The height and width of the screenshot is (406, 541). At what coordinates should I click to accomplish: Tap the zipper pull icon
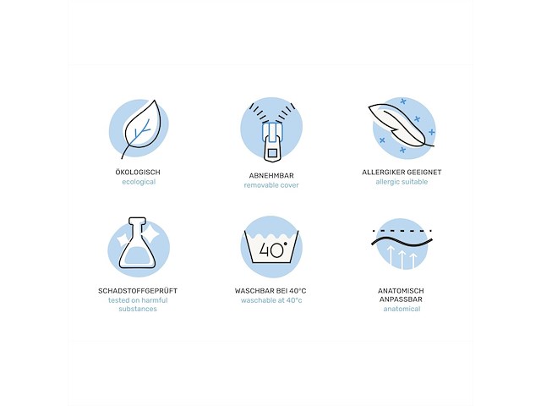[272, 141]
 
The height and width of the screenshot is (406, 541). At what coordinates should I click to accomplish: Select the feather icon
[400, 126]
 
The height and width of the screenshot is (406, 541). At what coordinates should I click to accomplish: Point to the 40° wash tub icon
[271, 246]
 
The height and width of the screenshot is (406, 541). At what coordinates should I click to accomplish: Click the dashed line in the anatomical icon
[402, 230]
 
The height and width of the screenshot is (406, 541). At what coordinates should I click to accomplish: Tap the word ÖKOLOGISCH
[138, 172]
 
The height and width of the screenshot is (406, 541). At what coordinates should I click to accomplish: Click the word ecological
[139, 182]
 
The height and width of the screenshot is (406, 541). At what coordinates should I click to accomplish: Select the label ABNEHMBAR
[271, 176]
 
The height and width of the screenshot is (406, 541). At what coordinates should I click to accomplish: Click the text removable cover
[271, 185]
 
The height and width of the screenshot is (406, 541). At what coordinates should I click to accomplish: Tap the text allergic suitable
[402, 182]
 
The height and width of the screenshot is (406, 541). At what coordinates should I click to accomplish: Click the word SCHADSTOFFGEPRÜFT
[138, 291]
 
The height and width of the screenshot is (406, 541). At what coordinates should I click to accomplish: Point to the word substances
[138, 309]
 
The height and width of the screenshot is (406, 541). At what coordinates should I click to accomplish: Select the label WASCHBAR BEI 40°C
[270, 291]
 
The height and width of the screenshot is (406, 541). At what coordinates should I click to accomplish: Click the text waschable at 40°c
[271, 300]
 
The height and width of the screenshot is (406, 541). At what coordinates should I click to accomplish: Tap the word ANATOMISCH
[401, 291]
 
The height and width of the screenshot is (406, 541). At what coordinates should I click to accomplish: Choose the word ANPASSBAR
[401, 299]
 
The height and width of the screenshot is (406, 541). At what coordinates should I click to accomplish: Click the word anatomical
[402, 309]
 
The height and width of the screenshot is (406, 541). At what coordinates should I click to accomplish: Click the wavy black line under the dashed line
[402, 242]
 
